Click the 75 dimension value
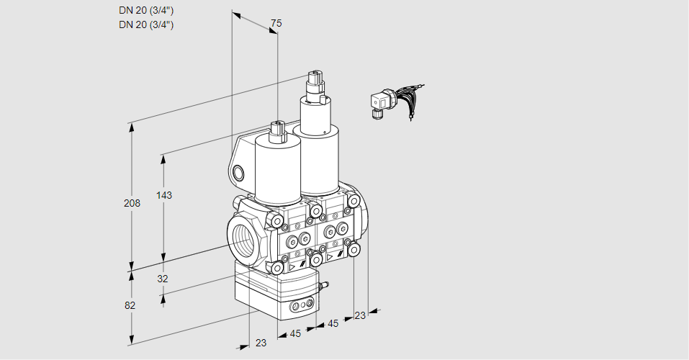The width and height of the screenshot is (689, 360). coord(275,23)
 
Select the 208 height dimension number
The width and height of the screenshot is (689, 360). coord(132,203)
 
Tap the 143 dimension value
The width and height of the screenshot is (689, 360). coord(165,195)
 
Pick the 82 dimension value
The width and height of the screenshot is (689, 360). coord(130,305)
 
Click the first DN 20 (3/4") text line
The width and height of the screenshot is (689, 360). coord(146,10)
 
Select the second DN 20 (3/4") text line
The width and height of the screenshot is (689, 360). coord(146,24)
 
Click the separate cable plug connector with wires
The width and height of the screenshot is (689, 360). coord(380,104)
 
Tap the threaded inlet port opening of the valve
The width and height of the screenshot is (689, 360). coord(241,239)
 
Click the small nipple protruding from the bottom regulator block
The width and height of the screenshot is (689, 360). coord(323,287)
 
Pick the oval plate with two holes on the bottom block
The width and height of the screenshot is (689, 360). coord(301,307)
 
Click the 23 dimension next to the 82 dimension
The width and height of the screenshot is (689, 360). coord(261,343)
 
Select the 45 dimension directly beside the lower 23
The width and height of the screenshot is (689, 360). coord(295,333)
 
